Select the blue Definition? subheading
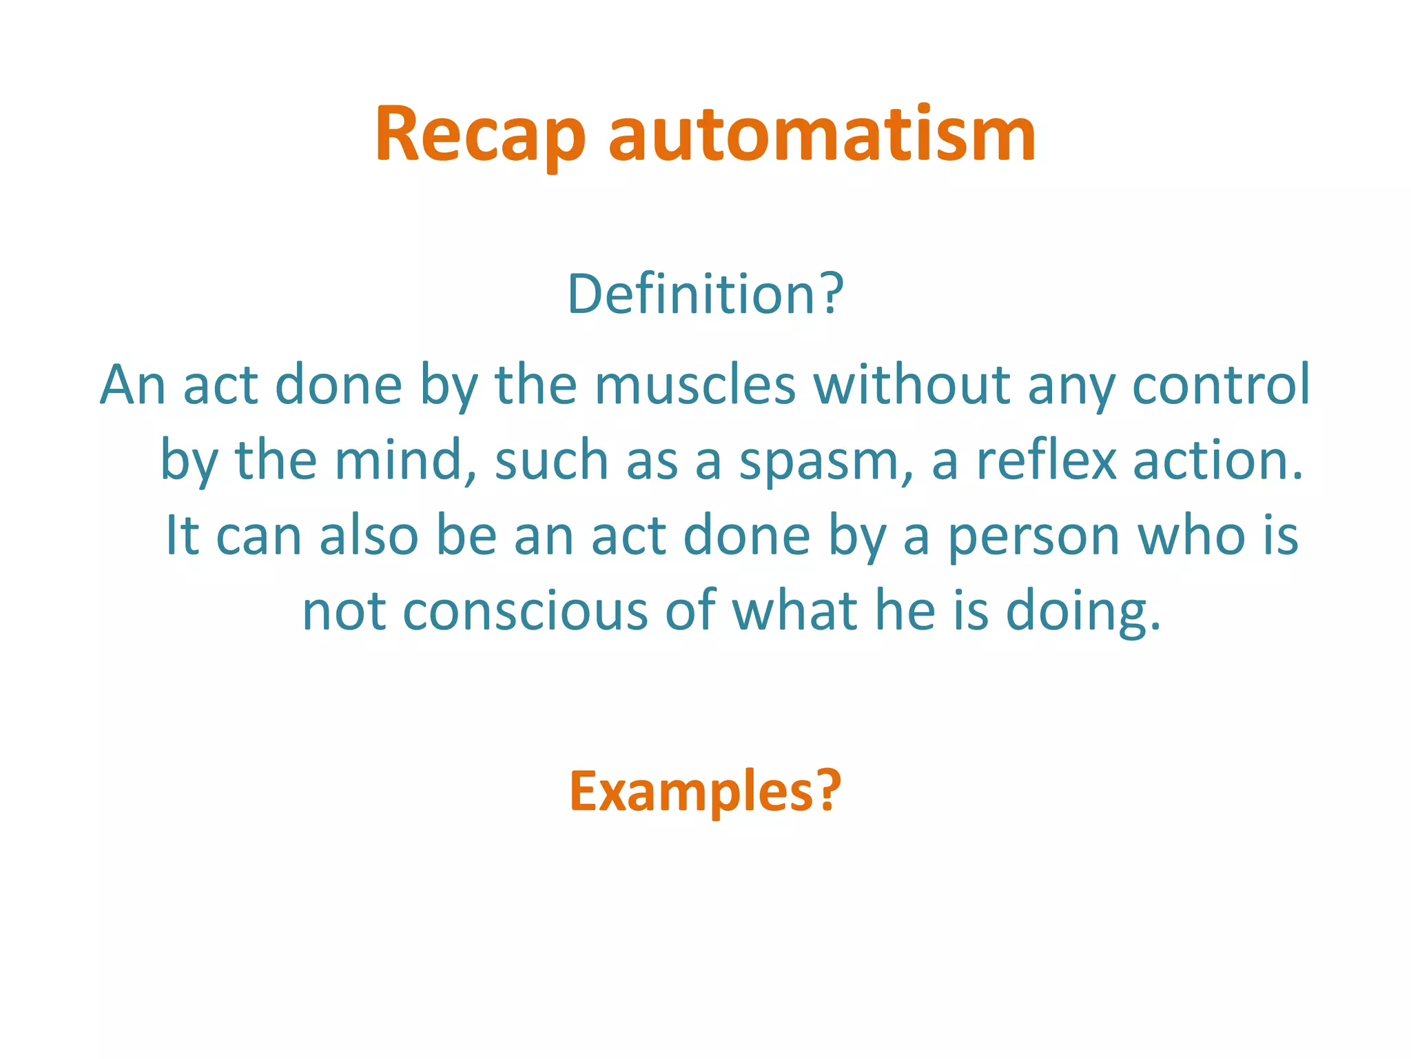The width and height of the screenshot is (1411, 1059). tap(705, 294)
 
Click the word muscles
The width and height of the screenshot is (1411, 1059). tap(695, 385)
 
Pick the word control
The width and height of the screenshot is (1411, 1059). tap(1221, 385)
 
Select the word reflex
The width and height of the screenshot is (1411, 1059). tap(1046, 460)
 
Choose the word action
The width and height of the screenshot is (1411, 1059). tap(1217, 460)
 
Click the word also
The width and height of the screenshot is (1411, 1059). tap(369, 536)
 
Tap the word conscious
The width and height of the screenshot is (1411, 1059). tap(525, 612)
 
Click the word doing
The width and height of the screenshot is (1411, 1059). tap(1083, 612)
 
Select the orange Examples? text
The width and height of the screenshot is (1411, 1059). tap(705, 791)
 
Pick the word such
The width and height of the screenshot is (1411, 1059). tap(551, 460)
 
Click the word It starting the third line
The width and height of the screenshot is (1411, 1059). tap(182, 536)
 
